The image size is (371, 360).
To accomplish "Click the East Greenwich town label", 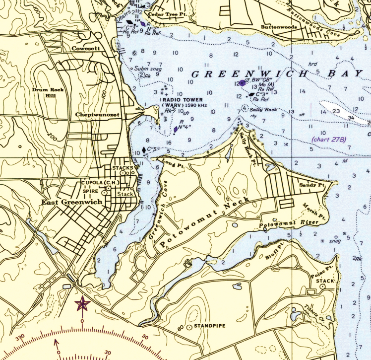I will [72, 202].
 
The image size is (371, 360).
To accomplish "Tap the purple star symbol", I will [82, 303].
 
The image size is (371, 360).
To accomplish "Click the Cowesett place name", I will [86, 49].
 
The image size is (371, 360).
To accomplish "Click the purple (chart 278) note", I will [328, 140].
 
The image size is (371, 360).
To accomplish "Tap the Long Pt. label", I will [173, 165].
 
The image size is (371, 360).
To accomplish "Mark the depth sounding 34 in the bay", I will [351, 118].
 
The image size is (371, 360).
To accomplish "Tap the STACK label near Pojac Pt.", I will [325, 281].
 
